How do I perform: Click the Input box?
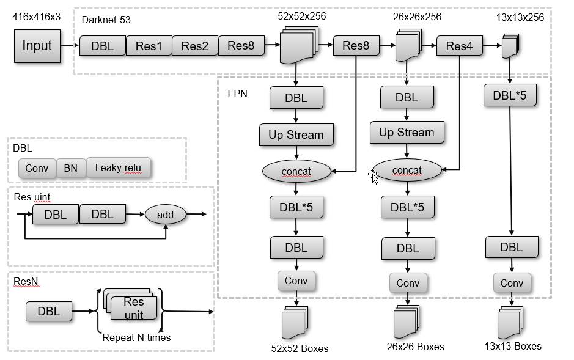pyautogui.click(x=37, y=46)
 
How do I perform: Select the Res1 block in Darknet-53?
pyautogui.click(x=149, y=46)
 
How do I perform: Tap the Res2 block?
pyautogui.click(x=195, y=46)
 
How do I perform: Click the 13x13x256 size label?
pyautogui.click(x=520, y=17)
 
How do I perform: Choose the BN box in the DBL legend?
pyautogui.click(x=71, y=168)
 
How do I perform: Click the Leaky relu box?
pyautogui.click(x=118, y=167)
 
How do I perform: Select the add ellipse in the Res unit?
pyautogui.click(x=165, y=215)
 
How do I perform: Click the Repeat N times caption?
pyautogui.click(x=136, y=337)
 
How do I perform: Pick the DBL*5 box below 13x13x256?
pyautogui.click(x=509, y=95)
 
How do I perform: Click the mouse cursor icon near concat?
pyautogui.click(x=373, y=177)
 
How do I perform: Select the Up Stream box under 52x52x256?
pyautogui.click(x=296, y=135)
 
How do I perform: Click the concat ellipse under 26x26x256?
pyautogui.click(x=407, y=171)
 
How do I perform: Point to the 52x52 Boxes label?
pyautogui.click(x=300, y=348)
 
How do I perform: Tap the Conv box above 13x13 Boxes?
pyautogui.click(x=512, y=283)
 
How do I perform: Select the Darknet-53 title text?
pyautogui.click(x=106, y=20)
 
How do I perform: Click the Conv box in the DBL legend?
pyautogui.click(x=37, y=168)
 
